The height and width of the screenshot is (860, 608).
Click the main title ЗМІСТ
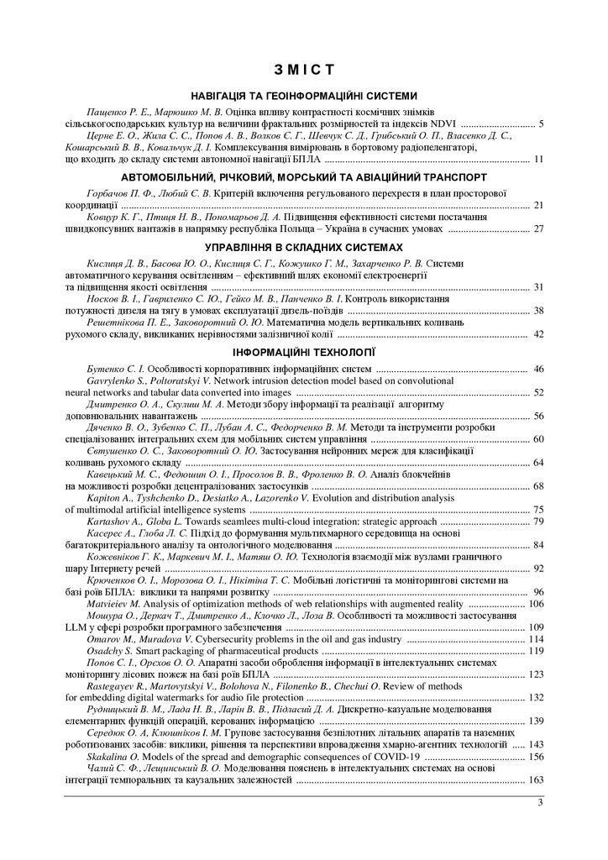[304, 68]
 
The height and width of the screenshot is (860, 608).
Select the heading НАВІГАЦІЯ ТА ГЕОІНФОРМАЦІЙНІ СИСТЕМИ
[304, 97]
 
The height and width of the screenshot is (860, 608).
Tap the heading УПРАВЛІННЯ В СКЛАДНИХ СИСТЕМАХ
[304, 248]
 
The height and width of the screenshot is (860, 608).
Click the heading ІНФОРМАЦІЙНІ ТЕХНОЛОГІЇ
[304, 352]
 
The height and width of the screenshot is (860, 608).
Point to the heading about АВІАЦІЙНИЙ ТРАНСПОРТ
[304, 178]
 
